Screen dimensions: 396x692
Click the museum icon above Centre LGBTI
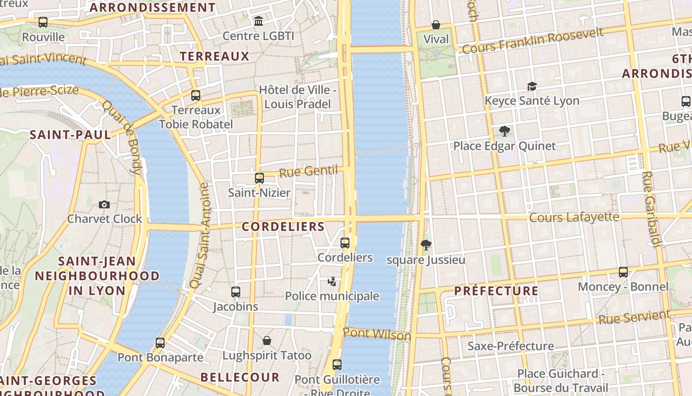pos(258,21)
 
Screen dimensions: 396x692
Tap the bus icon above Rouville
pos(43,22)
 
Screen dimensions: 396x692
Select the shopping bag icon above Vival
pos(436,24)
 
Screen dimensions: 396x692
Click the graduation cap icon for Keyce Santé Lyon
pos(532,86)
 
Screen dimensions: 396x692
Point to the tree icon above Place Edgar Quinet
pos(505,131)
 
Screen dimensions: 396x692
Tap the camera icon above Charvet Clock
pos(104,204)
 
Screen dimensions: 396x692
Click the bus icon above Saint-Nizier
pos(259,178)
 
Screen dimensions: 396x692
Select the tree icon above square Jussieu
pos(426,245)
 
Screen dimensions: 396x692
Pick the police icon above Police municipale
pos(332,282)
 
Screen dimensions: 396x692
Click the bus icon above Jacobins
pos(236,292)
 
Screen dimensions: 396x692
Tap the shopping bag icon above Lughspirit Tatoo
pos(267,341)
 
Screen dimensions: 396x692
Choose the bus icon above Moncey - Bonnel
pos(623,272)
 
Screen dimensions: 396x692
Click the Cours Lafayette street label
pos(574,217)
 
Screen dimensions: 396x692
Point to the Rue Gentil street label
pos(308,172)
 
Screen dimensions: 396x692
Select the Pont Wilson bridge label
pos(377,334)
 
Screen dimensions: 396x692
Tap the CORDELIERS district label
pos(283,227)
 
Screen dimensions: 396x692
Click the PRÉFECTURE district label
pos(496,291)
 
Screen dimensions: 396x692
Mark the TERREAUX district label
pos(215,56)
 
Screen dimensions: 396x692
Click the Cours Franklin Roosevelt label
pos(533,41)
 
